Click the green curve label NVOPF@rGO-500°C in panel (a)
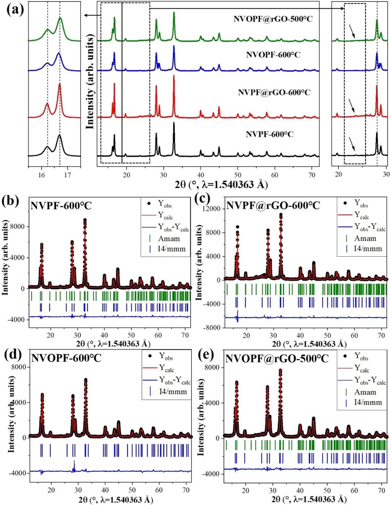pos(273,19)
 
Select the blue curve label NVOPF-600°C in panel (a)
pos(273,55)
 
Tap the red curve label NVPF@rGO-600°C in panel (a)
pos(274,92)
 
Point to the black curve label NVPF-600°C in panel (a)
pos(270,134)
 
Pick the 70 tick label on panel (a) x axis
pos(312,175)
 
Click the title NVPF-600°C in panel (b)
pos(61,206)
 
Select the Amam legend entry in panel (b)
pos(169,239)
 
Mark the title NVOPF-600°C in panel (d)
pos(66,358)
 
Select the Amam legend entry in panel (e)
pos(365,392)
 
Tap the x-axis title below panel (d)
pos(115,500)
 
